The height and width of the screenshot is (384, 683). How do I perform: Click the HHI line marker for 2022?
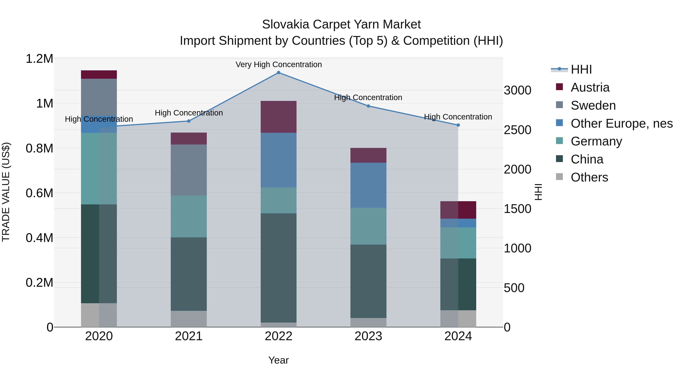point(278,73)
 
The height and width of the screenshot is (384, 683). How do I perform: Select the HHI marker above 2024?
point(458,125)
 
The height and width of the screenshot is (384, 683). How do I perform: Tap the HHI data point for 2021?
point(189,121)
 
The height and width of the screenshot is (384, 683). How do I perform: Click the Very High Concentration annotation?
point(278,65)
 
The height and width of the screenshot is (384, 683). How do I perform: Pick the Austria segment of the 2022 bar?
point(278,117)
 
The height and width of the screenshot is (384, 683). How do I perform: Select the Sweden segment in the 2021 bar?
point(189,170)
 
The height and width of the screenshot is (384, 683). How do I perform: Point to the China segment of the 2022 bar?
point(278,268)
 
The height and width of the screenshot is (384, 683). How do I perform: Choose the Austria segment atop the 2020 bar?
point(99,75)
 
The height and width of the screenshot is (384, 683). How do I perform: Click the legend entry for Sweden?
point(593,105)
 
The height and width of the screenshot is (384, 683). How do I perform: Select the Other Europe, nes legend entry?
point(622,123)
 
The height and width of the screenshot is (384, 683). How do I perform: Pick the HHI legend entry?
point(581,69)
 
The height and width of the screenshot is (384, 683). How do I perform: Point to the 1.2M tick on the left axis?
point(39,59)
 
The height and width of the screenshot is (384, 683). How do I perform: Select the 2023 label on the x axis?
point(368,336)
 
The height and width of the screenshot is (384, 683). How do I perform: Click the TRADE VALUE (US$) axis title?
point(6,192)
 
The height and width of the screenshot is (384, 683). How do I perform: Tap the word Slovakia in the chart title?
point(286,24)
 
